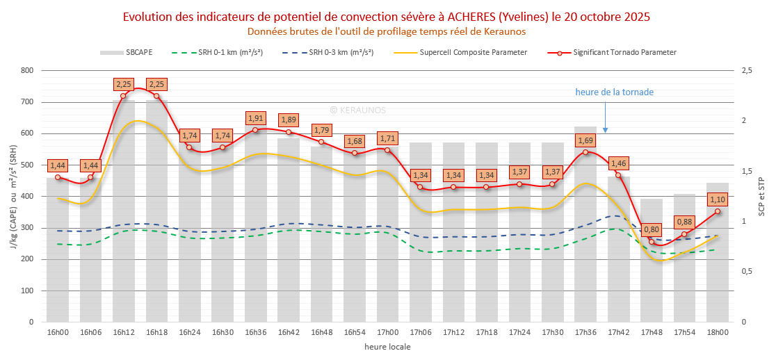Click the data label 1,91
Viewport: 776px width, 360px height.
tap(256, 118)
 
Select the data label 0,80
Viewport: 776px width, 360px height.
tap(652, 229)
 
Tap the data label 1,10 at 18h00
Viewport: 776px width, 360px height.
tap(718, 199)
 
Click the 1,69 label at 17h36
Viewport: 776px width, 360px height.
tap(585, 140)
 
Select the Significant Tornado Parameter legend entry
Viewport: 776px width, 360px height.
tap(612, 52)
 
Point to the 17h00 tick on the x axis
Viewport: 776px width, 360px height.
tap(387, 333)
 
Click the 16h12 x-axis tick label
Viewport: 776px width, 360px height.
tap(123, 333)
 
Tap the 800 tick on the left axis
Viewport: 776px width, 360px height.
tap(27, 70)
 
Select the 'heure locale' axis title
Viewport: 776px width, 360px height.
tap(387, 347)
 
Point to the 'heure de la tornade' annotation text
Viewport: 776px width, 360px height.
tap(614, 92)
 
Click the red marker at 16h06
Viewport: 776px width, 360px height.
tap(90, 177)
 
